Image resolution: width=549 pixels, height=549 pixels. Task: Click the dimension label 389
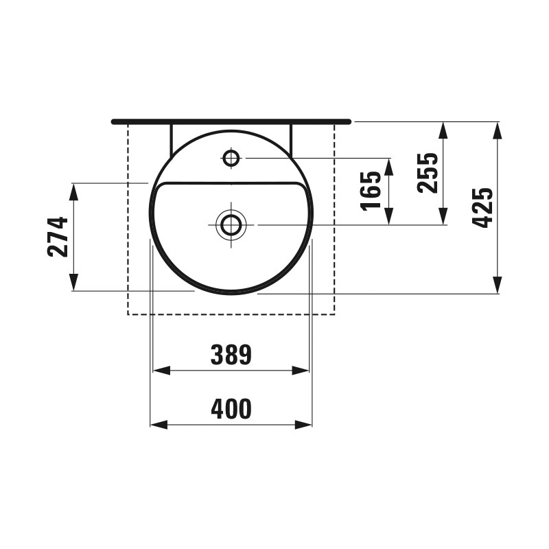click(x=231, y=354)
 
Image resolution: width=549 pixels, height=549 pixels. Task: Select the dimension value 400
click(x=231, y=408)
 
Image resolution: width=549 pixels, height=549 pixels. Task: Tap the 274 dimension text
click(x=58, y=237)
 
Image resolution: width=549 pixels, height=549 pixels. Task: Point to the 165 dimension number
click(x=371, y=191)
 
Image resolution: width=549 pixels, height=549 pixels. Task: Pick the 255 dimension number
click(x=428, y=173)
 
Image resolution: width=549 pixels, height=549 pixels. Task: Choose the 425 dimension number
click(x=482, y=208)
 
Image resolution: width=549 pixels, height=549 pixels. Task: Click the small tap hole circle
click(x=231, y=159)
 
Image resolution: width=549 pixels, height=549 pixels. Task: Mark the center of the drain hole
click(x=231, y=225)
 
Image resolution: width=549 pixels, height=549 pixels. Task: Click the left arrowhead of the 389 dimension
click(x=161, y=371)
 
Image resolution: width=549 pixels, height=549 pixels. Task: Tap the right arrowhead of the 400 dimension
click(x=303, y=425)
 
